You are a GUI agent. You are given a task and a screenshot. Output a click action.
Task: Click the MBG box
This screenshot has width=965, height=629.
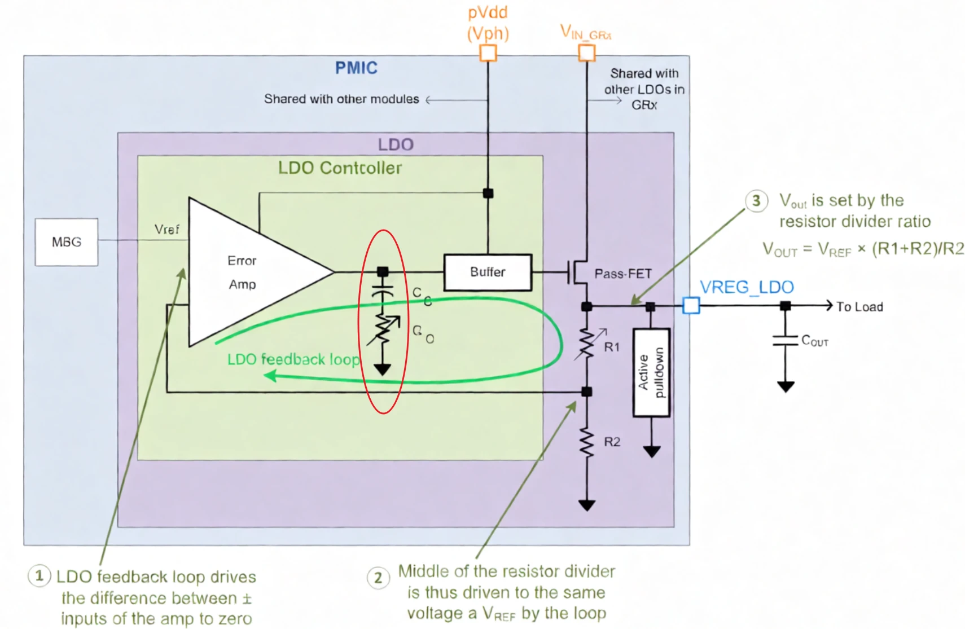67,242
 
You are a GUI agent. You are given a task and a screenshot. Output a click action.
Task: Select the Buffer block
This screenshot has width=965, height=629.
488,272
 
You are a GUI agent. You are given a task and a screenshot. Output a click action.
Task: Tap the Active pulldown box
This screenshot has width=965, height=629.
651,372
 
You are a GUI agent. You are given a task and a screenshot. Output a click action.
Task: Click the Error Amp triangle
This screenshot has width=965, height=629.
248,272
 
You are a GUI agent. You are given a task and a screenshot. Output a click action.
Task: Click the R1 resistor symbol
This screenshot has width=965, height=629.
587,344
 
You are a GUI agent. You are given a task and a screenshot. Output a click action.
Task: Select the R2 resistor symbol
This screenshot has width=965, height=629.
587,442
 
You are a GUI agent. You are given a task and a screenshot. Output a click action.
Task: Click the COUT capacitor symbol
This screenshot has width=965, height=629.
785,340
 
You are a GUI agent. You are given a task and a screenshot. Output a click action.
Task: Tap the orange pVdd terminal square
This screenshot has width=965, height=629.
488,53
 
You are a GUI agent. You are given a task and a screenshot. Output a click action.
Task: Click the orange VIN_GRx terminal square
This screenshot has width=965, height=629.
587,53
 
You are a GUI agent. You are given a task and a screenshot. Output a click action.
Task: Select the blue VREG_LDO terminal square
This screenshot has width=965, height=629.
691,306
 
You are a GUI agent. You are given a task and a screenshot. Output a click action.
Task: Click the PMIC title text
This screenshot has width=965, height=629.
356,68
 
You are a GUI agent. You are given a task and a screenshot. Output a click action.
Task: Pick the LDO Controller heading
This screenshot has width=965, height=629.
340,168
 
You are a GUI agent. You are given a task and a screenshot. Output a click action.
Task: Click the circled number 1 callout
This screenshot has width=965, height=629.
39,576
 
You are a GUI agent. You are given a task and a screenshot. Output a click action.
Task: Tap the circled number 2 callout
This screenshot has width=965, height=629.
378,578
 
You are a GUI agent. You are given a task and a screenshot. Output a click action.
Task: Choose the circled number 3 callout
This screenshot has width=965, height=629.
756,201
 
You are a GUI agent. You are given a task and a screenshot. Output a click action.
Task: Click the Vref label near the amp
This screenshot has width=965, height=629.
166,230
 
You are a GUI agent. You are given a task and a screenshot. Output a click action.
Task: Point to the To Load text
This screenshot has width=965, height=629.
859,307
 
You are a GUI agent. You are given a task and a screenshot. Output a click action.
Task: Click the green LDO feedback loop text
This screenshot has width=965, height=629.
293,359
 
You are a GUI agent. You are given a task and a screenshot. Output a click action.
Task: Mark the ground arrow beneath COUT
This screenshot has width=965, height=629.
786,386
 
